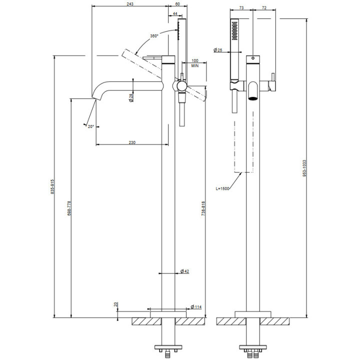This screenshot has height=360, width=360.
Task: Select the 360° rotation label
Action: (153, 35)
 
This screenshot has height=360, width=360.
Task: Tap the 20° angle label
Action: (90, 126)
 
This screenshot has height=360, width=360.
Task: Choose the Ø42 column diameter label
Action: (184, 271)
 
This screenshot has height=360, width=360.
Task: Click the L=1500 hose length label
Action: (223, 188)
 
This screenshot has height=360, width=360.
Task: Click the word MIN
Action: (194, 65)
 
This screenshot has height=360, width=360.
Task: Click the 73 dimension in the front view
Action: (241, 8)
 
